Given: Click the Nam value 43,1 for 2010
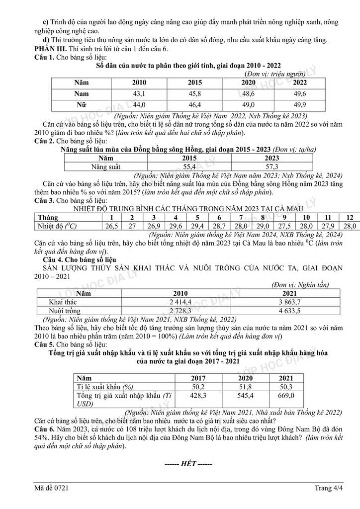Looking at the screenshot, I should click(x=138, y=93).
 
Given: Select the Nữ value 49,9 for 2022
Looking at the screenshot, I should click(x=300, y=104).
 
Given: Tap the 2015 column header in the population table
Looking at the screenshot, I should click(x=194, y=83).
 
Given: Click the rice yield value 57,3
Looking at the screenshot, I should click(x=272, y=167).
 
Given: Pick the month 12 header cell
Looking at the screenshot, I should click(x=350, y=218).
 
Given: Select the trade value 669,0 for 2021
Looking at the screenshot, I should click(x=285, y=395).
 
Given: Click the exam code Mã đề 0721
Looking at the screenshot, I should click(x=51, y=488).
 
